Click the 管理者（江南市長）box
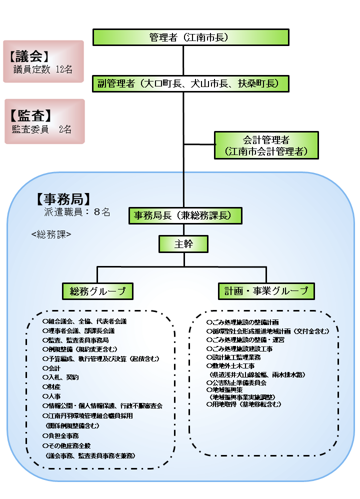(x=190, y=37)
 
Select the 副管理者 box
(x=190, y=83)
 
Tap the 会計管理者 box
(x=266, y=145)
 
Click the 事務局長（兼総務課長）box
(x=185, y=215)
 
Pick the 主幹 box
(x=183, y=244)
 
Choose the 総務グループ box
(x=97, y=290)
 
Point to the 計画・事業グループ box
(x=266, y=290)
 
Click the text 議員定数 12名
(x=43, y=69)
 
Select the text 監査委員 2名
(x=42, y=129)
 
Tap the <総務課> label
(x=51, y=233)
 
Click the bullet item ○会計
(x=52, y=368)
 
